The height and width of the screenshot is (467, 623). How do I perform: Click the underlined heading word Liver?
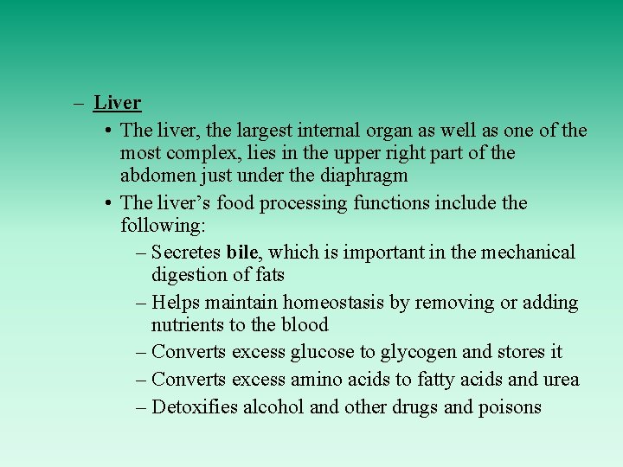coord(118,103)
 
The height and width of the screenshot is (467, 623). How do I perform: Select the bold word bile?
coord(242,253)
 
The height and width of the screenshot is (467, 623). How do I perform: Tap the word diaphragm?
coord(363,176)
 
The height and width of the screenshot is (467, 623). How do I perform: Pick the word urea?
coord(559,380)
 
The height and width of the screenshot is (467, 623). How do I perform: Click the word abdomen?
coord(157,176)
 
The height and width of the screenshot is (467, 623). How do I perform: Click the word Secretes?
coord(186,253)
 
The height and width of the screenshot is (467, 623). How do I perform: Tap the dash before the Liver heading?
coord(79,103)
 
